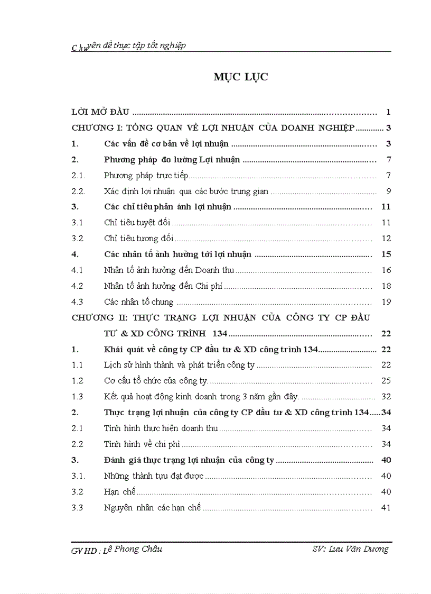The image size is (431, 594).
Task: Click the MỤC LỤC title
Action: click(x=240, y=77)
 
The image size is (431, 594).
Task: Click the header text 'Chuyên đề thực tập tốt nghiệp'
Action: click(x=128, y=46)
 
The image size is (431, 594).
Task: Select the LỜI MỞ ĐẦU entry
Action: click(x=100, y=112)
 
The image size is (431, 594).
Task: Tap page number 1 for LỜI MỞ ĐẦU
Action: click(x=388, y=112)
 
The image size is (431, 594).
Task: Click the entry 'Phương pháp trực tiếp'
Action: click(x=146, y=176)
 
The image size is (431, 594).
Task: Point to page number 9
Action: click(x=388, y=191)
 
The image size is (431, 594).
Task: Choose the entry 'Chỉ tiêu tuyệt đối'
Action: click(x=137, y=223)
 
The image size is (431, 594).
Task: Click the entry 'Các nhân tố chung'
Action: click(x=139, y=303)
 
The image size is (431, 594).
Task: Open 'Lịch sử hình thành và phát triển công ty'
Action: click(x=179, y=365)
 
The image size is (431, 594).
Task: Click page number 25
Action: click(x=386, y=381)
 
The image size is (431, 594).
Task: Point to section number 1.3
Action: click(x=78, y=397)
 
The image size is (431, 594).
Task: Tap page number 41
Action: click(x=386, y=508)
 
